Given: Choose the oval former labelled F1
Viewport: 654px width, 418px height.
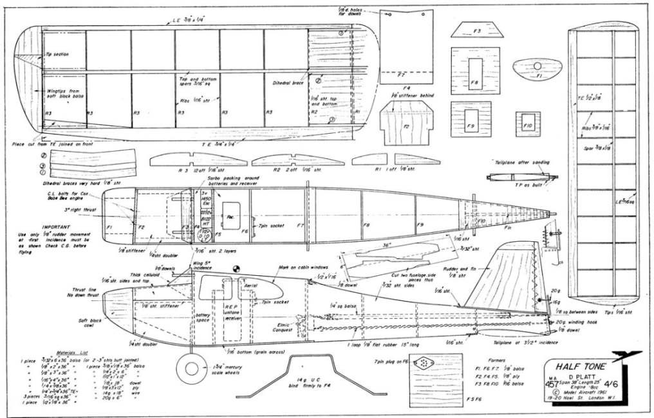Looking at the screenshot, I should [x=539, y=68].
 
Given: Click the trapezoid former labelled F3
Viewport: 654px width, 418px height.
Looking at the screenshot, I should [x=477, y=30].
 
